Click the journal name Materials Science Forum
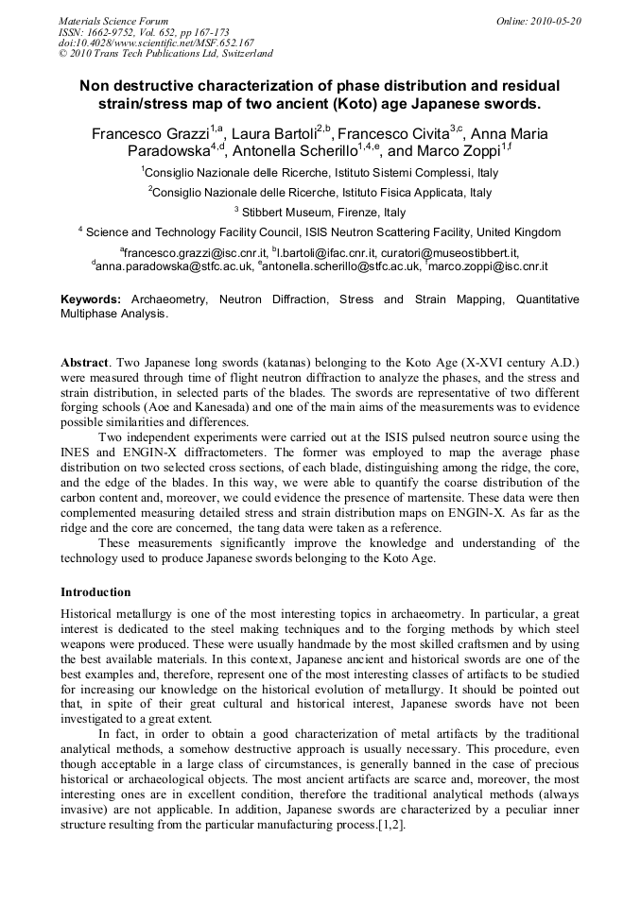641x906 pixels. tap(113, 20)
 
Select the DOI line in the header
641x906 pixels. tap(156, 43)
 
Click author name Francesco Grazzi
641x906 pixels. tap(150, 134)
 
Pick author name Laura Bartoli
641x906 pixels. tap(274, 134)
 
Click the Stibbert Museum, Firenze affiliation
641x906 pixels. tap(321, 213)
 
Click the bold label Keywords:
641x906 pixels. tap(91, 299)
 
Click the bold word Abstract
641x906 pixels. tap(84, 363)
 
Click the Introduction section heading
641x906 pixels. tap(95, 592)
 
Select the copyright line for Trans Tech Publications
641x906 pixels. tap(165, 54)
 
